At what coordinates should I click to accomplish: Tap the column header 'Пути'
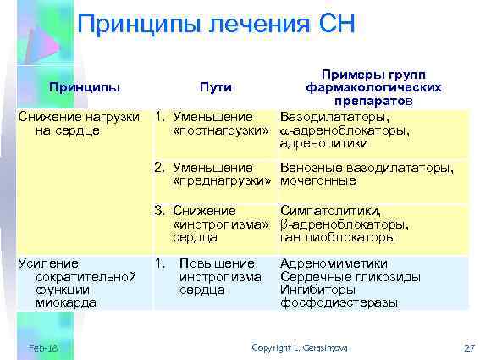pos(215,86)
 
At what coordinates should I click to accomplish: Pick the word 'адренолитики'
pos(322,144)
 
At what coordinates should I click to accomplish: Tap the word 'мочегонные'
pos(319,181)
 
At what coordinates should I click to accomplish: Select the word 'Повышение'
pos(218,263)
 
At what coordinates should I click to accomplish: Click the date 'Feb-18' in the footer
pos(42,348)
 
